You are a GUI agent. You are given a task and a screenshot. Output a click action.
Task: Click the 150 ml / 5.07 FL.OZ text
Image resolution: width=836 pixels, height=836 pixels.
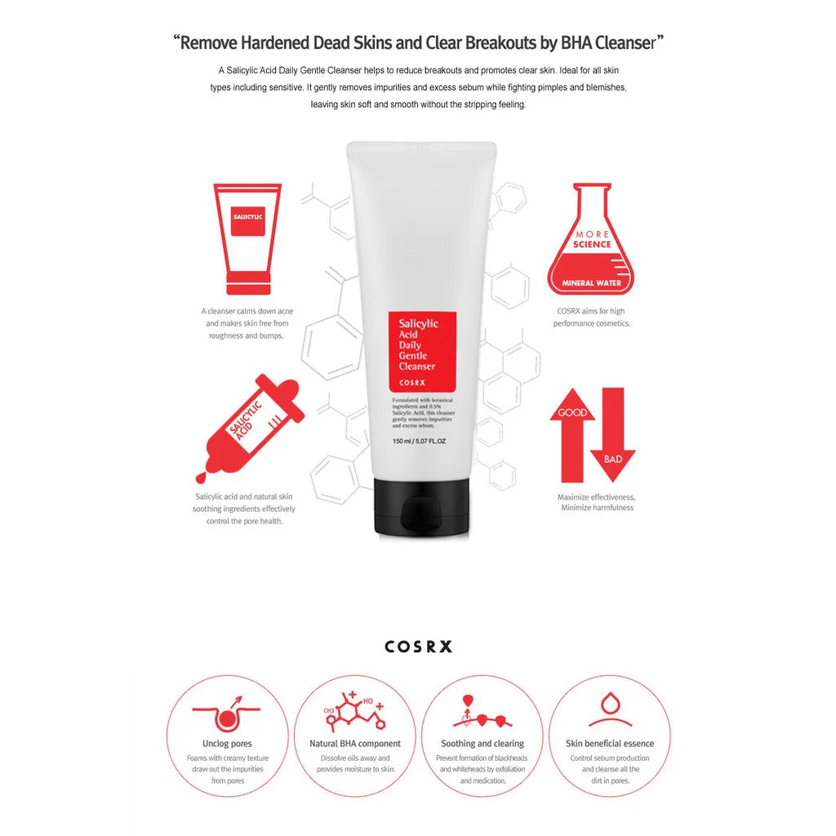click(x=419, y=442)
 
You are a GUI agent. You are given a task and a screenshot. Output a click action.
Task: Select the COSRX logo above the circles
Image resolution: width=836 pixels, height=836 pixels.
click(x=418, y=647)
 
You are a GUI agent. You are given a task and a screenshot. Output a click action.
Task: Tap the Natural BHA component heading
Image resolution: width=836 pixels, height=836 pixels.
click(x=355, y=744)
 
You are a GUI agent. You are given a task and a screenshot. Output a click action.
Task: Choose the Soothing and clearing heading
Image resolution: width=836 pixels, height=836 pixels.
click(x=482, y=744)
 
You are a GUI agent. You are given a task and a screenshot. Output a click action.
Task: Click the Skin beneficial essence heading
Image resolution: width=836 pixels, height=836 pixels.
click(x=610, y=744)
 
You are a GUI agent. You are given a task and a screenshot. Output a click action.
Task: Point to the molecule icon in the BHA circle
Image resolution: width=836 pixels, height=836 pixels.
click(x=354, y=711)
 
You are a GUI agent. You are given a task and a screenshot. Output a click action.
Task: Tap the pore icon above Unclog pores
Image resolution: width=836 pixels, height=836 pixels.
click(x=229, y=713)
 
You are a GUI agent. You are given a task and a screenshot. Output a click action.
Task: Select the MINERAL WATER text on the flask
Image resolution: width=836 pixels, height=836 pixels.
click(x=591, y=283)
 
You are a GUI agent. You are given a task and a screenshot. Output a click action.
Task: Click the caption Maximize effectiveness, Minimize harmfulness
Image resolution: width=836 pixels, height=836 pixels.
click(x=597, y=502)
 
